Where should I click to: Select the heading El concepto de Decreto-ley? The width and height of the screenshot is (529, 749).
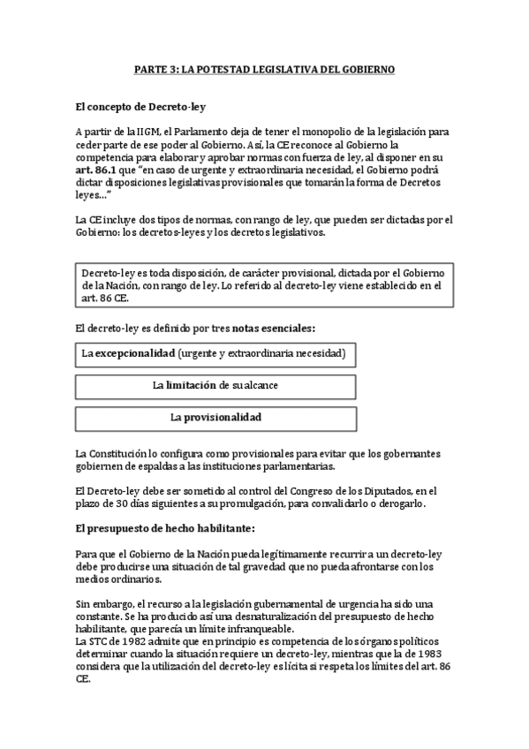tap(140, 107)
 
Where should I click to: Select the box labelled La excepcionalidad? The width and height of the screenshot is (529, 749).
tap(215, 355)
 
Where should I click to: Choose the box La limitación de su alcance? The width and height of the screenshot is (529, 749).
tap(215, 386)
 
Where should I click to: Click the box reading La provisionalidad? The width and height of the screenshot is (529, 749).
tap(215, 417)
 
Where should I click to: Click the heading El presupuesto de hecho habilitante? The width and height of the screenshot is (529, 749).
tap(165, 528)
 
